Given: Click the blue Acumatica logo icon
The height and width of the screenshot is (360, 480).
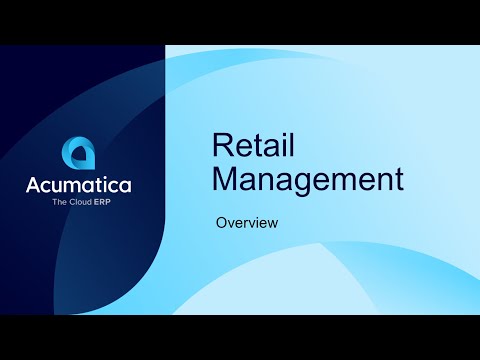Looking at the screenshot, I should click(x=78, y=154).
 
